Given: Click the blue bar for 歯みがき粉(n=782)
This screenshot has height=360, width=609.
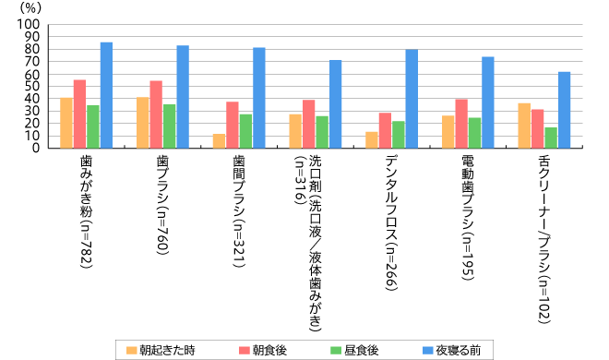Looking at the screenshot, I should [106, 95].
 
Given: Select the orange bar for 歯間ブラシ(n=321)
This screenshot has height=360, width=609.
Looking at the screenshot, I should [219, 141].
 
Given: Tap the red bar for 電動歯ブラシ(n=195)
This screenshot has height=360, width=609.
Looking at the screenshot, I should [461, 123].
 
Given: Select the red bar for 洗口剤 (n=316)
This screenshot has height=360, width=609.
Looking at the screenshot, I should [308, 124].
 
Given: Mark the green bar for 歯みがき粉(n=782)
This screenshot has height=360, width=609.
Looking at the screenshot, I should [92, 126].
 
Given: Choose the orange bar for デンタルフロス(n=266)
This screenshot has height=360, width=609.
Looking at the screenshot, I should [372, 139].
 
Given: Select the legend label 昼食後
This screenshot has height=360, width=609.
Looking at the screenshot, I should [361, 350].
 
